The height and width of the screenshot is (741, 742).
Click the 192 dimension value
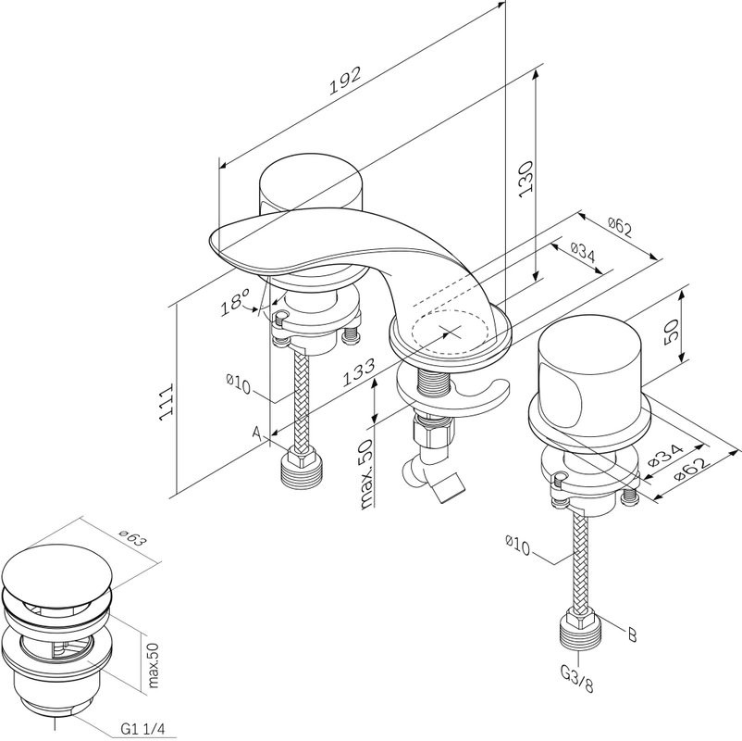pyautogui.click(x=345, y=80)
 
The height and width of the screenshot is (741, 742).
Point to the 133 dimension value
pyautogui.click(x=359, y=373)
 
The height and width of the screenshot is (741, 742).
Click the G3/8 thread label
pyautogui.click(x=576, y=679)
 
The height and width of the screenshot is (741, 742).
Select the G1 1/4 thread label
pyautogui.click(x=142, y=728)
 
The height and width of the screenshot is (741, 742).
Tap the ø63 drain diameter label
pyautogui.click(x=132, y=539)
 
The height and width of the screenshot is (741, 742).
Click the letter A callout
pyautogui.click(x=257, y=433)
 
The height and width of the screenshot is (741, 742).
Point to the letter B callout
pyautogui.click(x=632, y=634)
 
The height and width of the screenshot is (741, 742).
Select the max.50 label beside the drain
pyautogui.click(x=153, y=665)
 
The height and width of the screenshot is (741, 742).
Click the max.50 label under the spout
pyautogui.click(x=366, y=474)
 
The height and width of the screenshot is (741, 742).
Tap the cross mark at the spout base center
pyautogui.click(x=451, y=331)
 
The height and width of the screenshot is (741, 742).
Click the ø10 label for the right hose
pyautogui.click(x=518, y=546)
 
